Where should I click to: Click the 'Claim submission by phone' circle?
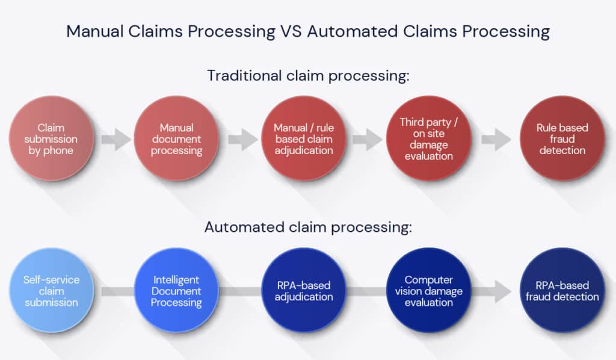click(51, 139)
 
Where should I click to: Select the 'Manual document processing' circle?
click(176, 139)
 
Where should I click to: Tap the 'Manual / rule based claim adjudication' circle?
click(303, 139)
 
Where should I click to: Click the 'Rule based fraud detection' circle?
click(562, 139)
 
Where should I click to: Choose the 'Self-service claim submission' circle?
click(51, 291)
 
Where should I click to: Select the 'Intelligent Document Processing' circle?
click(176, 291)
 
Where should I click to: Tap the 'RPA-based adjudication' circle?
click(303, 291)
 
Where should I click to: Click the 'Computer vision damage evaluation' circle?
click(429, 291)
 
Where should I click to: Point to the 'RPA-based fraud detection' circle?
click(562, 291)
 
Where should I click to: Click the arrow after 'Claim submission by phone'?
click(115, 140)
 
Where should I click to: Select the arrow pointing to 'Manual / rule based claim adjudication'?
click(242, 140)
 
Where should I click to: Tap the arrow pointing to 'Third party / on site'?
click(367, 140)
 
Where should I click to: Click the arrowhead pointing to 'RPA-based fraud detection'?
click(500, 291)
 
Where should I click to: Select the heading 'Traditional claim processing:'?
click(308, 76)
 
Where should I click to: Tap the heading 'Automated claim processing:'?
click(308, 228)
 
